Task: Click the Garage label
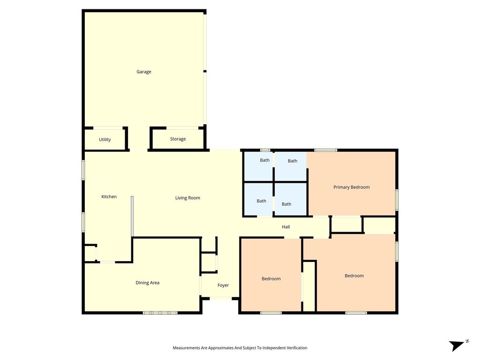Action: [x=143, y=72]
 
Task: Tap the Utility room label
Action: [x=105, y=140]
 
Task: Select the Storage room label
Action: [x=178, y=139]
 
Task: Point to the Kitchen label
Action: [x=109, y=196]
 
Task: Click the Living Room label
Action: [x=187, y=198]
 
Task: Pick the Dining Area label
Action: [x=148, y=283]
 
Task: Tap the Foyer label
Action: [x=223, y=285]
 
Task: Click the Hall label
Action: [x=286, y=227]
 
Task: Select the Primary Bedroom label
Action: [x=352, y=187]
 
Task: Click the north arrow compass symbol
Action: [x=458, y=345]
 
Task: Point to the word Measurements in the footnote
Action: [x=187, y=348]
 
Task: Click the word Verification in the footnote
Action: [x=296, y=348]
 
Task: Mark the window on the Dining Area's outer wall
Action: [x=160, y=313]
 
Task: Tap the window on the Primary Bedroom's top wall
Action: [x=326, y=150]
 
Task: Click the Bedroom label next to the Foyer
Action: [x=271, y=279]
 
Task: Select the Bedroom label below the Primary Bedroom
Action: [x=354, y=276]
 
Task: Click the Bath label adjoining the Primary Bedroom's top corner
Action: [x=292, y=161]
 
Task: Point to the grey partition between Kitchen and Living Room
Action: [x=132, y=217]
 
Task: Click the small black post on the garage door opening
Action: [x=205, y=71]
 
